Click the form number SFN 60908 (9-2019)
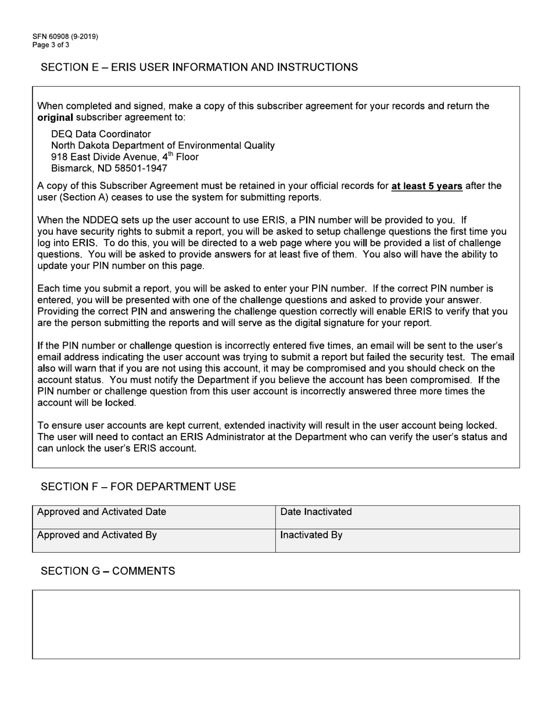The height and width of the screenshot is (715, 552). tap(65, 37)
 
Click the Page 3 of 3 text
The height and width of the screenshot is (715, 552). tap(51, 45)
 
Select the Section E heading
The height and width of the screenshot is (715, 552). tap(199, 67)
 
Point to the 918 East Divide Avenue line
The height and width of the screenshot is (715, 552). tap(124, 157)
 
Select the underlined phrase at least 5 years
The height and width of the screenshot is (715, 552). tap(427, 186)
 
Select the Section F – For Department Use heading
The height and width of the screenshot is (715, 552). tap(138, 487)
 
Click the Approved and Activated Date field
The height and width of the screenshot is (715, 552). tap(153, 517)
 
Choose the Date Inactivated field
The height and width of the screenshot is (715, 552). tap(397, 517)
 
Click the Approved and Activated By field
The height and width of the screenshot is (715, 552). tap(153, 540)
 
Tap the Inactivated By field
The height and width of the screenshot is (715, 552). tap(397, 540)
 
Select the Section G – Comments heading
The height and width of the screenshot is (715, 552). tap(107, 571)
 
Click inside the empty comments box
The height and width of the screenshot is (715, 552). tap(275, 624)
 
